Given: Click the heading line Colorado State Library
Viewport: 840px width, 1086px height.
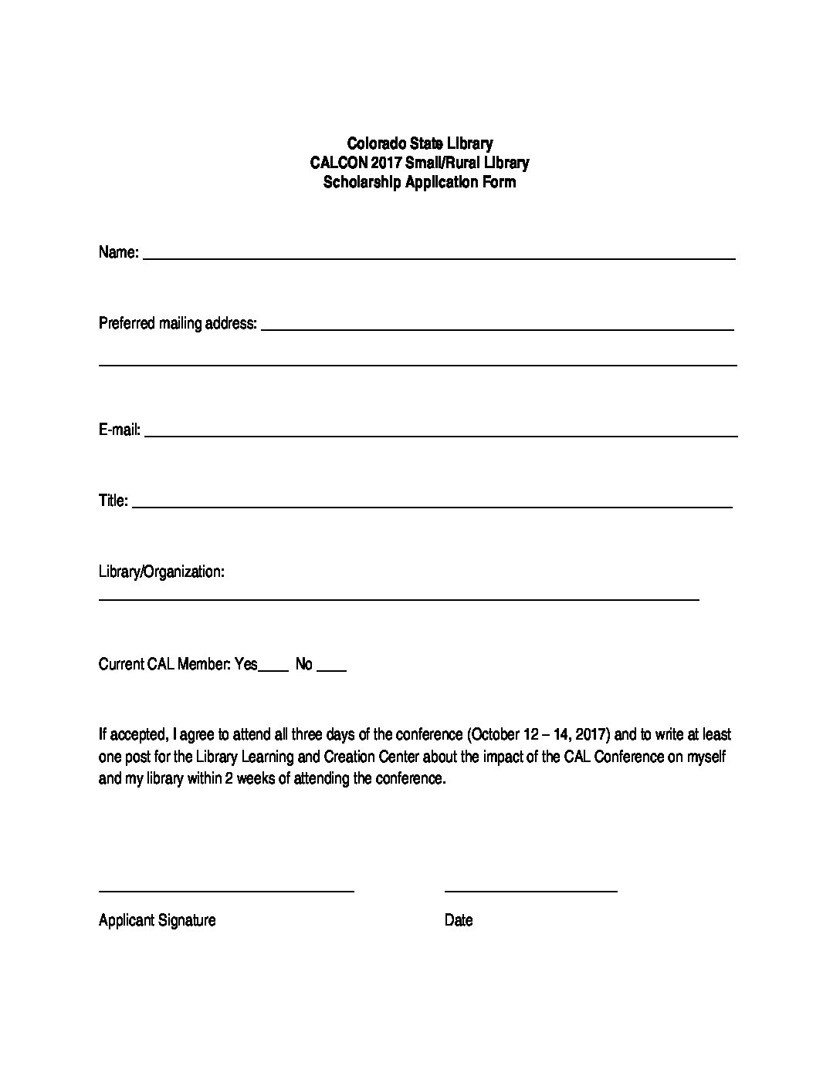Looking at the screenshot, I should point(419,143).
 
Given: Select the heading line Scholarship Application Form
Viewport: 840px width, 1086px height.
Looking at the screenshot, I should point(419,183).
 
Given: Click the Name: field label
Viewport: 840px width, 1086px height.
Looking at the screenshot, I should point(118,253).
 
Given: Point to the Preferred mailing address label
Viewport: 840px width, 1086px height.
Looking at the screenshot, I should point(178,323).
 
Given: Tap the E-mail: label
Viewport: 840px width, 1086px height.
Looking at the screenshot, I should point(119,430).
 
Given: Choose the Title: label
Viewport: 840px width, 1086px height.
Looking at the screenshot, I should point(113,501).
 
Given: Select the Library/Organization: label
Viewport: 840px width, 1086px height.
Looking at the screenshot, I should point(161,572).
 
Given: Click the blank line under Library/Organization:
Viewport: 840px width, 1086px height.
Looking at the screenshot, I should point(398,599).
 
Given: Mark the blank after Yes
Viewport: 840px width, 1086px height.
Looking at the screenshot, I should point(273,669).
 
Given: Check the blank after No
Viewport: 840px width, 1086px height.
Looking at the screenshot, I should point(332,669).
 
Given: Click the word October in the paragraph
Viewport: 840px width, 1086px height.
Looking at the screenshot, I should point(493,734).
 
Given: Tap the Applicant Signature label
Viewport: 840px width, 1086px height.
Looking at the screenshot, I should point(157,920).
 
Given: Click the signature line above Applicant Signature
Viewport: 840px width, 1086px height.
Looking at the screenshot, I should point(226,891).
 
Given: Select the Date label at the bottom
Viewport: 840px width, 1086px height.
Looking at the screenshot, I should point(459,920).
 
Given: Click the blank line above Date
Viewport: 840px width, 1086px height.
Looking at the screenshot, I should point(531,891).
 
